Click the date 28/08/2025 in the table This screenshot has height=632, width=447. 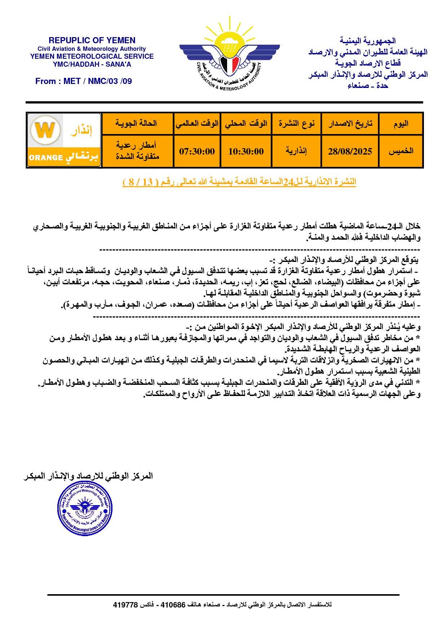pos(350,151)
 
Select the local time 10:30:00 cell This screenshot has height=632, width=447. pos(246,151)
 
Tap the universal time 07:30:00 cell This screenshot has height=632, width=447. pos(197,151)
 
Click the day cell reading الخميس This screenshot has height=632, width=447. pos(400,151)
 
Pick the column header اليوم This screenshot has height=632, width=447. pos(400,124)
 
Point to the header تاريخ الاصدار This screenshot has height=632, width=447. pos(350,124)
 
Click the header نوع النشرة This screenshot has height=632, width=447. pos(296,124)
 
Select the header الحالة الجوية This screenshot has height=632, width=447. pos(137,124)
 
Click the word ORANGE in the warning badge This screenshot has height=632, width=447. pos(44,157)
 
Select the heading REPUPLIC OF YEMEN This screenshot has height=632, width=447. pos(92,40)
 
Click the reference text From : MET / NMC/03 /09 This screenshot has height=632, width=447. pos(84,81)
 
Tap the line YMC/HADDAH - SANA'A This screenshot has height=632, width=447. pos(92,64)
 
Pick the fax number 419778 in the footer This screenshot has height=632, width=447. pos(125,605)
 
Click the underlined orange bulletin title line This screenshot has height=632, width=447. pos(239,182)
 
